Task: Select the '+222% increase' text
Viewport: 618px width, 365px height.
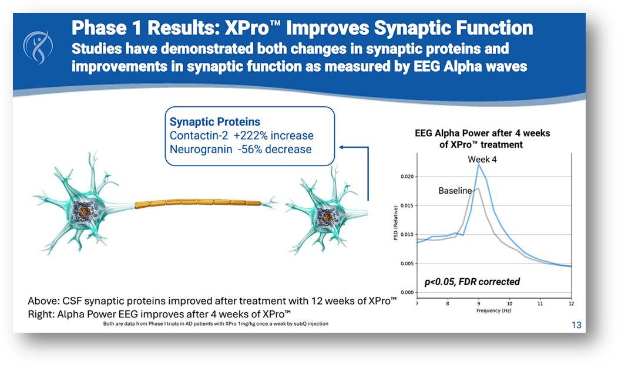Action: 274,136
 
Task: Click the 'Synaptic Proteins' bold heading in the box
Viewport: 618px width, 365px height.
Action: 215,122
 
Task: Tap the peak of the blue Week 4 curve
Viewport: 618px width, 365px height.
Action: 479,165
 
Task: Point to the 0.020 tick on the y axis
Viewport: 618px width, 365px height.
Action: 405,177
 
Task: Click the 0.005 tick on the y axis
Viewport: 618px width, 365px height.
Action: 405,263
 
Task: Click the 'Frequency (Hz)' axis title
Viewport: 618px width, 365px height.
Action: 494,310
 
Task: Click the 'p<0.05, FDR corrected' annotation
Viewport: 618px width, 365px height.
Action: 472,282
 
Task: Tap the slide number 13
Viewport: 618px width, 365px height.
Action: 576,325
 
